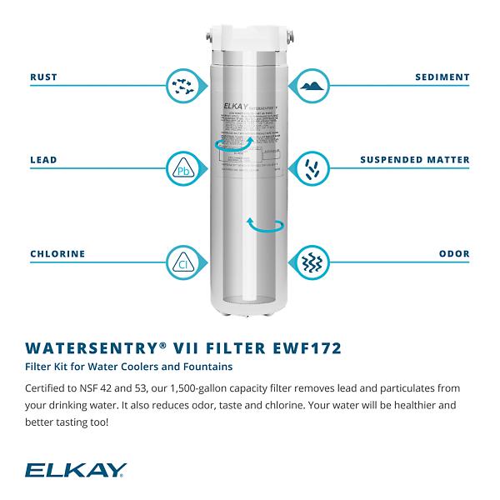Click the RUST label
(43, 77)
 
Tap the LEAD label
(43, 159)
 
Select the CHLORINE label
(57, 254)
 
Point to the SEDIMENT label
(442, 77)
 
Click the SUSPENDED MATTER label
(415, 159)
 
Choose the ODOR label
(454, 254)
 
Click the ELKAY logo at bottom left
(76, 471)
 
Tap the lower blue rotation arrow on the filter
(266, 225)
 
